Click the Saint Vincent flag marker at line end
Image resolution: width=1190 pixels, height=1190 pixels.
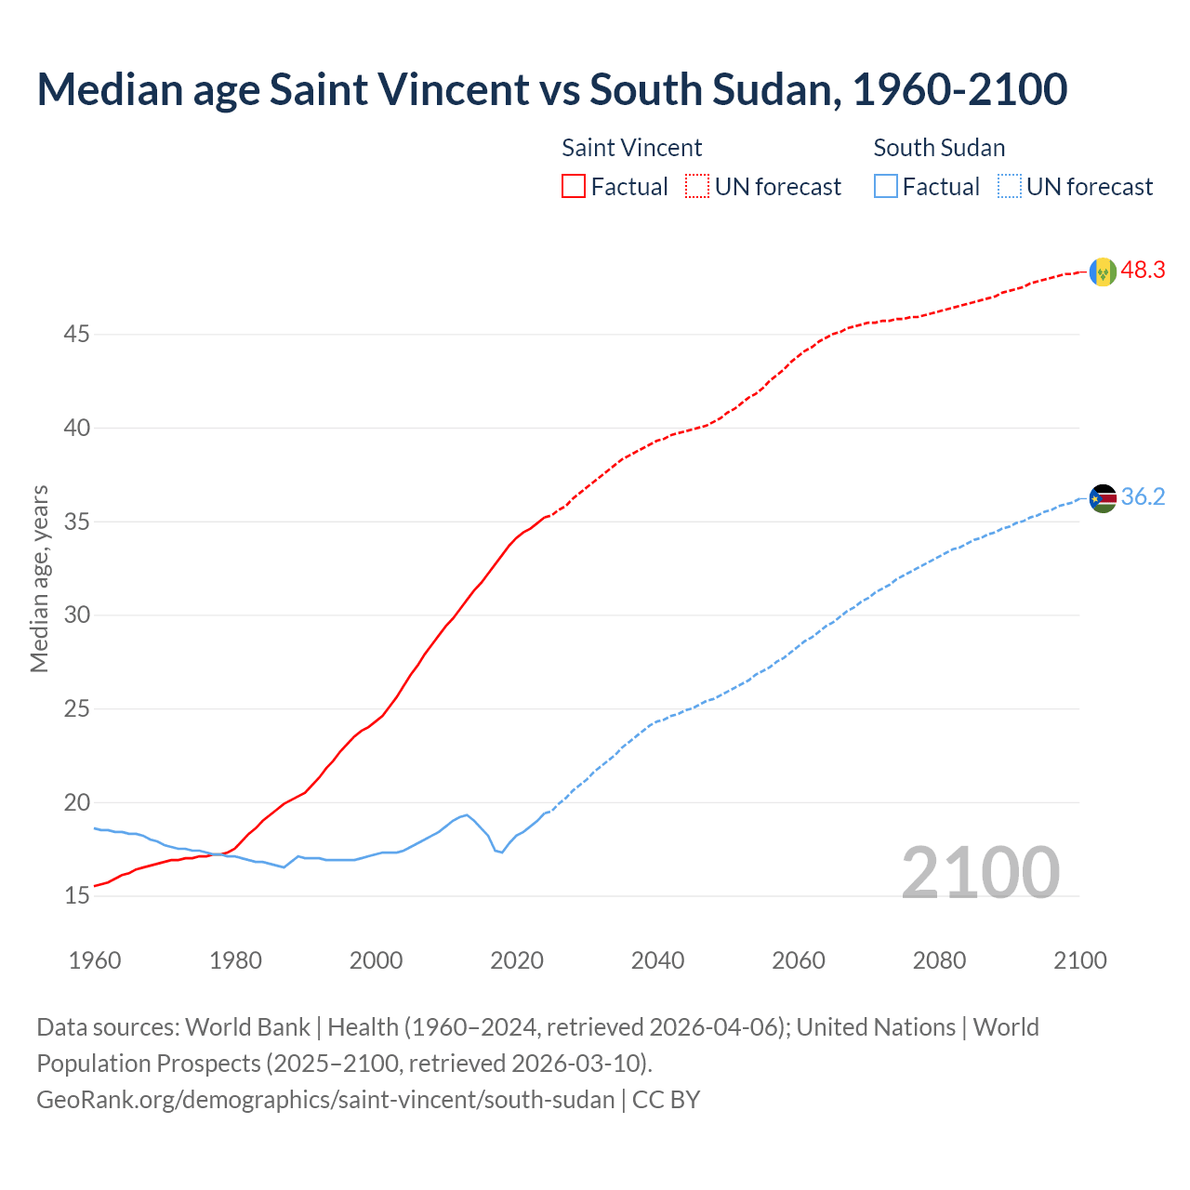coord(1102,271)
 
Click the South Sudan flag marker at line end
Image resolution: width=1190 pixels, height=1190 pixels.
coord(1102,498)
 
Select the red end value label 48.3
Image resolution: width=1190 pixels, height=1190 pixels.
coord(1143,271)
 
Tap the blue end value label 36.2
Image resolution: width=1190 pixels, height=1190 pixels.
coord(1143,497)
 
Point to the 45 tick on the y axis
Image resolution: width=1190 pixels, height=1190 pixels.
coord(76,334)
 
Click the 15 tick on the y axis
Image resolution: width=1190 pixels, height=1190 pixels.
coord(76,896)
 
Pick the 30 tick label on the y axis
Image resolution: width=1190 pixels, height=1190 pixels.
coord(76,615)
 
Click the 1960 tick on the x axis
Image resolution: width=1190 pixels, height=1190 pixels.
coord(95,960)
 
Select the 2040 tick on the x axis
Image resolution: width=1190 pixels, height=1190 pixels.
coord(657,960)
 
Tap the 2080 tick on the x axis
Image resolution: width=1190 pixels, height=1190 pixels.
coord(939,960)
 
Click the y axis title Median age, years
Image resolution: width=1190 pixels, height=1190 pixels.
coord(39,578)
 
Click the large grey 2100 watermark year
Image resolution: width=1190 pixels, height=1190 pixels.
coord(980,872)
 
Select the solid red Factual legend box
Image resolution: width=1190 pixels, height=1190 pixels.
coord(574,187)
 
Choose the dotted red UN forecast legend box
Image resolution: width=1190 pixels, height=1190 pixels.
coord(697,187)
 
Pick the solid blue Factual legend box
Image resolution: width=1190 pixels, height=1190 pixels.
coord(886,187)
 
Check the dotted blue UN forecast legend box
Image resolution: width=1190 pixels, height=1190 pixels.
coord(1009,187)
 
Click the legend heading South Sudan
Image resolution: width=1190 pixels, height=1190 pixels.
coord(939,148)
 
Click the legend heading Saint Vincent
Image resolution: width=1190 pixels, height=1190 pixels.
coord(631,148)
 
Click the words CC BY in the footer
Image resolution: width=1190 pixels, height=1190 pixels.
coord(666,1100)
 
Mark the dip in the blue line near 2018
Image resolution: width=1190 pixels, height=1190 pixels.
coord(502,852)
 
